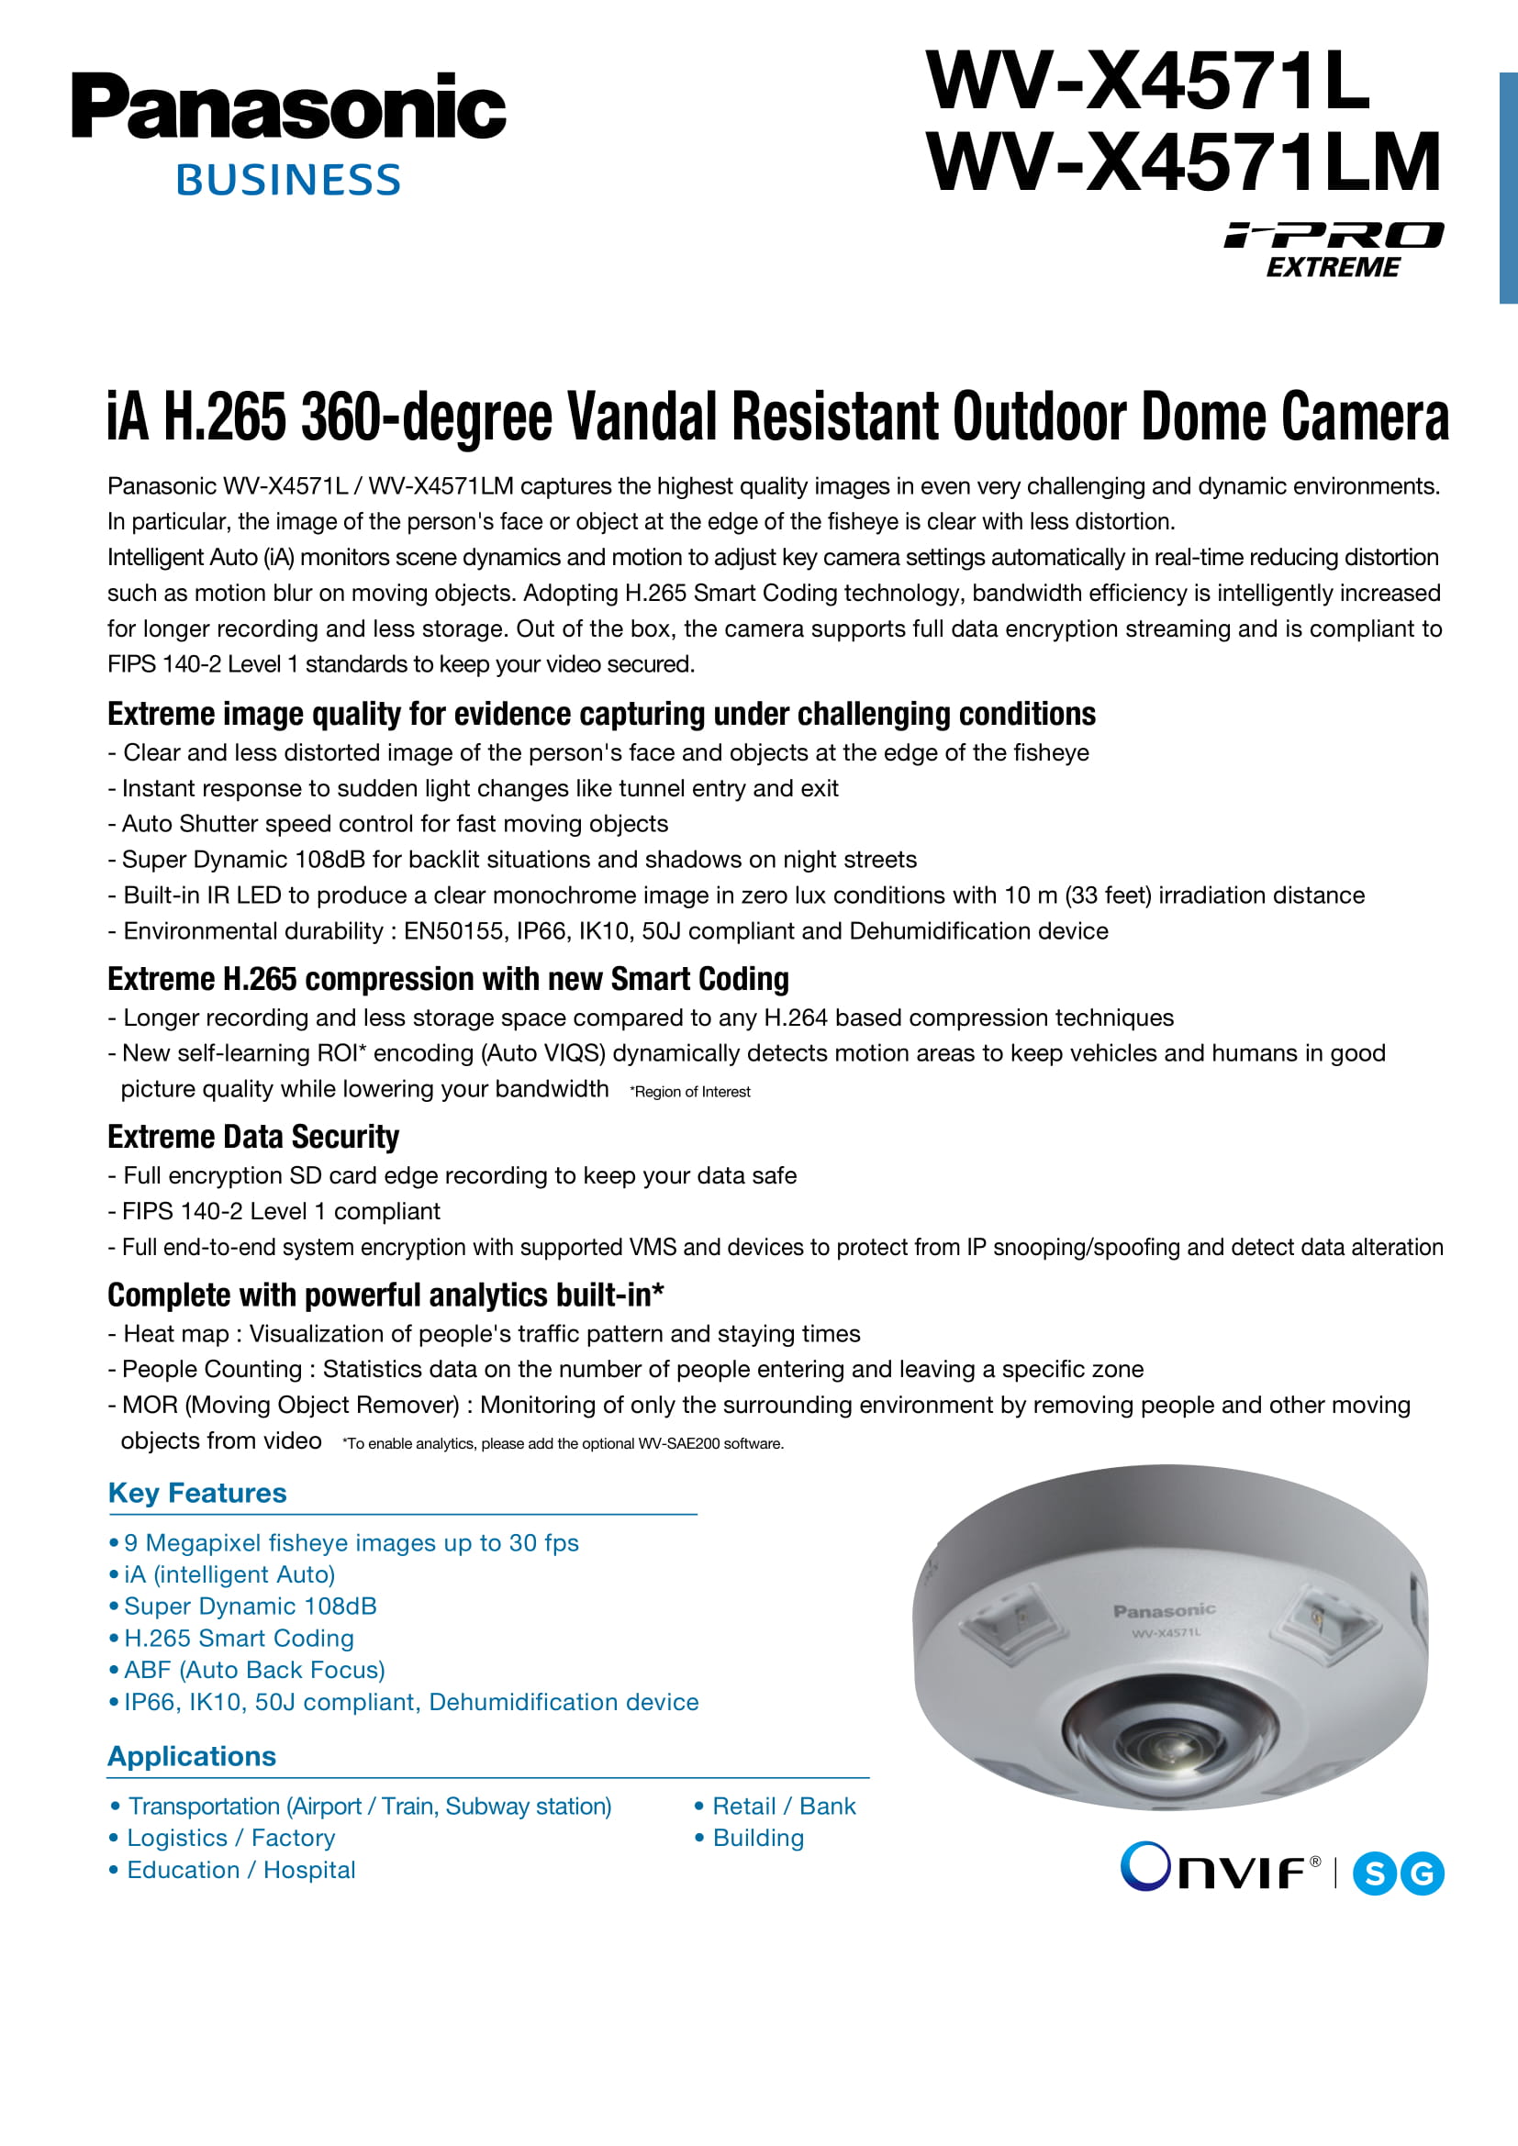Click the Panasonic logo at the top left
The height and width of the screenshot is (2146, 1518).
(288, 106)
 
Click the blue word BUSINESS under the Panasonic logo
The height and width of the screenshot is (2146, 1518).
(288, 181)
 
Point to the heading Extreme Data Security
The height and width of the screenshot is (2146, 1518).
(253, 1138)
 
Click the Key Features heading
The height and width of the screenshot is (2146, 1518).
(197, 1493)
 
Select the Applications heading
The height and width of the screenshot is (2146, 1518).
(192, 1756)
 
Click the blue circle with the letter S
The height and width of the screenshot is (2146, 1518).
(1375, 1874)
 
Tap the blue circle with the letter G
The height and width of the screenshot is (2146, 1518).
(1423, 1874)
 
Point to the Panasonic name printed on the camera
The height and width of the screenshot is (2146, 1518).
(1164, 1610)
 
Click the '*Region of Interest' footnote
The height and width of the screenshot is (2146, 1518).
(691, 1092)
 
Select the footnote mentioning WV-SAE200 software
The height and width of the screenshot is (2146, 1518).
(563, 1444)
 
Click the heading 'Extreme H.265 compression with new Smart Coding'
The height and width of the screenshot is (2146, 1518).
(448, 980)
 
